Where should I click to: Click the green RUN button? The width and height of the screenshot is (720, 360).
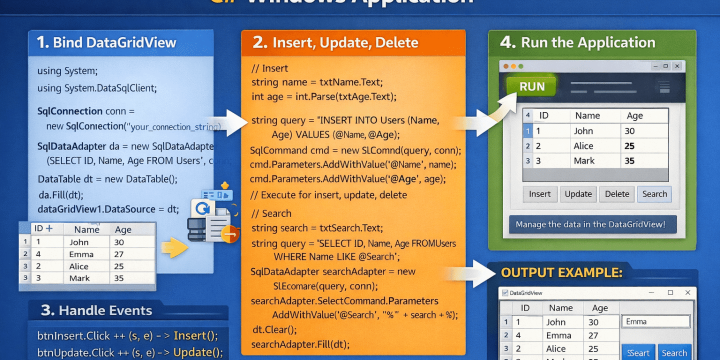pos(532,86)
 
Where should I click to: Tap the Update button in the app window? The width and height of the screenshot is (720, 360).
pos(578,194)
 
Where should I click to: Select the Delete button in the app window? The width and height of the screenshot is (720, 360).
pos(617,194)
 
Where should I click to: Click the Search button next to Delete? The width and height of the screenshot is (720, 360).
pos(654,194)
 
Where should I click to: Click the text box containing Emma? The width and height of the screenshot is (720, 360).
pos(655,321)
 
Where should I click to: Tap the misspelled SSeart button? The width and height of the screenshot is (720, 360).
pos(638,352)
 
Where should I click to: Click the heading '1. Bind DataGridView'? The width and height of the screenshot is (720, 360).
pos(106,42)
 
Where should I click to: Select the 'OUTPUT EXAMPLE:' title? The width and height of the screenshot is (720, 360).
pos(561,272)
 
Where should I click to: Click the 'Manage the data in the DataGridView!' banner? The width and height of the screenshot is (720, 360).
pos(592,224)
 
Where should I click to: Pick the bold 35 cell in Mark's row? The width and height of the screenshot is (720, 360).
pos(629,161)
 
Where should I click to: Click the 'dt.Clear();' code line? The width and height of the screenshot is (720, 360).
pos(275,330)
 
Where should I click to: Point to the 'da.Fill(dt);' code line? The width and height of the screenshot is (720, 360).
pos(61,195)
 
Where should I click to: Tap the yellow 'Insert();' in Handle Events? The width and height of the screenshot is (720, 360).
pos(195,335)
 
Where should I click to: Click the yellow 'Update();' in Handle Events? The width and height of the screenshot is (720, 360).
pos(198,352)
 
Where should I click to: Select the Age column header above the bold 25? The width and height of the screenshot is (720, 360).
pos(634,116)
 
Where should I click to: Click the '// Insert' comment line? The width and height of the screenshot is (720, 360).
pos(270,68)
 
